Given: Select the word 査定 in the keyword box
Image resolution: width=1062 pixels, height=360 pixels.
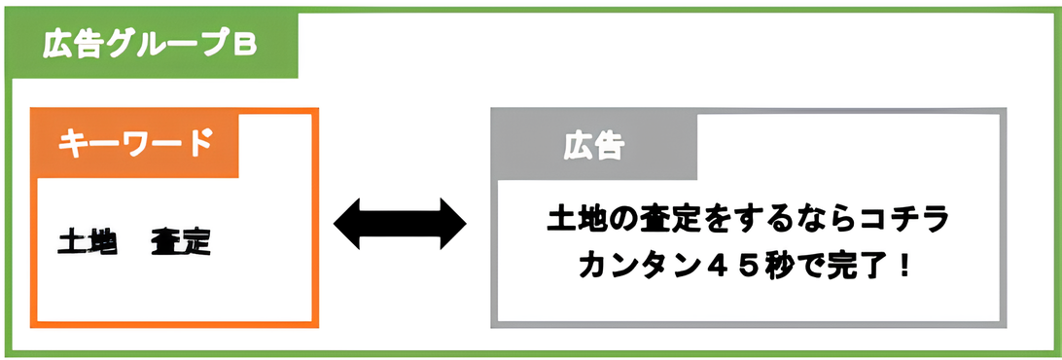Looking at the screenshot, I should coord(181,241).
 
